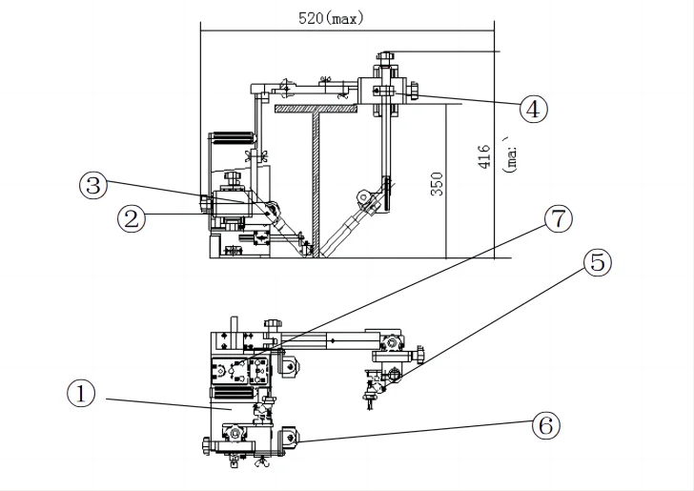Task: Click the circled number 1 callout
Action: pyautogui.click(x=81, y=394)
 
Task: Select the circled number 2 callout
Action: pyautogui.click(x=131, y=218)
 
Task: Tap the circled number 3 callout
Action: pyautogui.click(x=93, y=185)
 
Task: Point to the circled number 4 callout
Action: pyautogui.click(x=533, y=109)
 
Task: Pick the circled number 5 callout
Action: pyautogui.click(x=598, y=262)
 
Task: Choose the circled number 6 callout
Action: pyautogui.click(x=545, y=426)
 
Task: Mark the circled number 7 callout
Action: pyautogui.click(x=558, y=219)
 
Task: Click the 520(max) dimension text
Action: pyautogui.click(x=331, y=19)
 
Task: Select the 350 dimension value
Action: pyautogui.click(x=437, y=184)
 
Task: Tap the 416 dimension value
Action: pyautogui.click(x=484, y=156)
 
